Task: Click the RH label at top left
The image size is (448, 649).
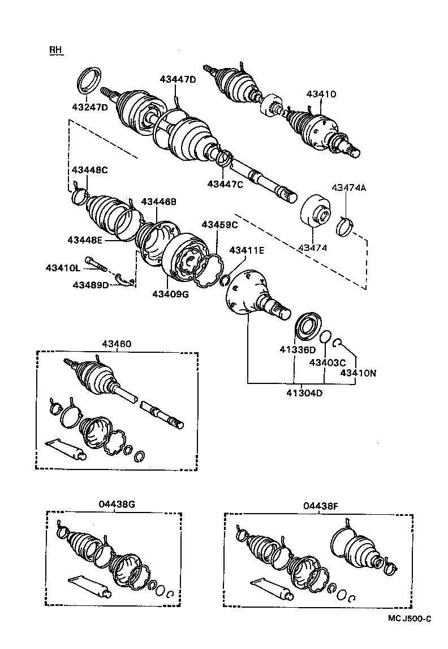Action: coord(55,50)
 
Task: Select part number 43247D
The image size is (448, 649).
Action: coord(89,107)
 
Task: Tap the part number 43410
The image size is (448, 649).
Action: coord(321,94)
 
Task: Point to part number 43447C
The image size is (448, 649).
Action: coord(225,183)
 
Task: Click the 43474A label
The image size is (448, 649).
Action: coord(348,187)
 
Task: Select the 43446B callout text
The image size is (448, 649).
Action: coord(159,201)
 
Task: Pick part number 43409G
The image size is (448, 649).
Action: coord(170,293)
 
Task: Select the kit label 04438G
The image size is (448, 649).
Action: coord(116,504)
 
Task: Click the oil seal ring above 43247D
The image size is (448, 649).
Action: coord(90,78)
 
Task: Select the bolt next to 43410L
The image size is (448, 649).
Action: coord(97,264)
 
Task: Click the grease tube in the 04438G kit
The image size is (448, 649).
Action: coord(90,586)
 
